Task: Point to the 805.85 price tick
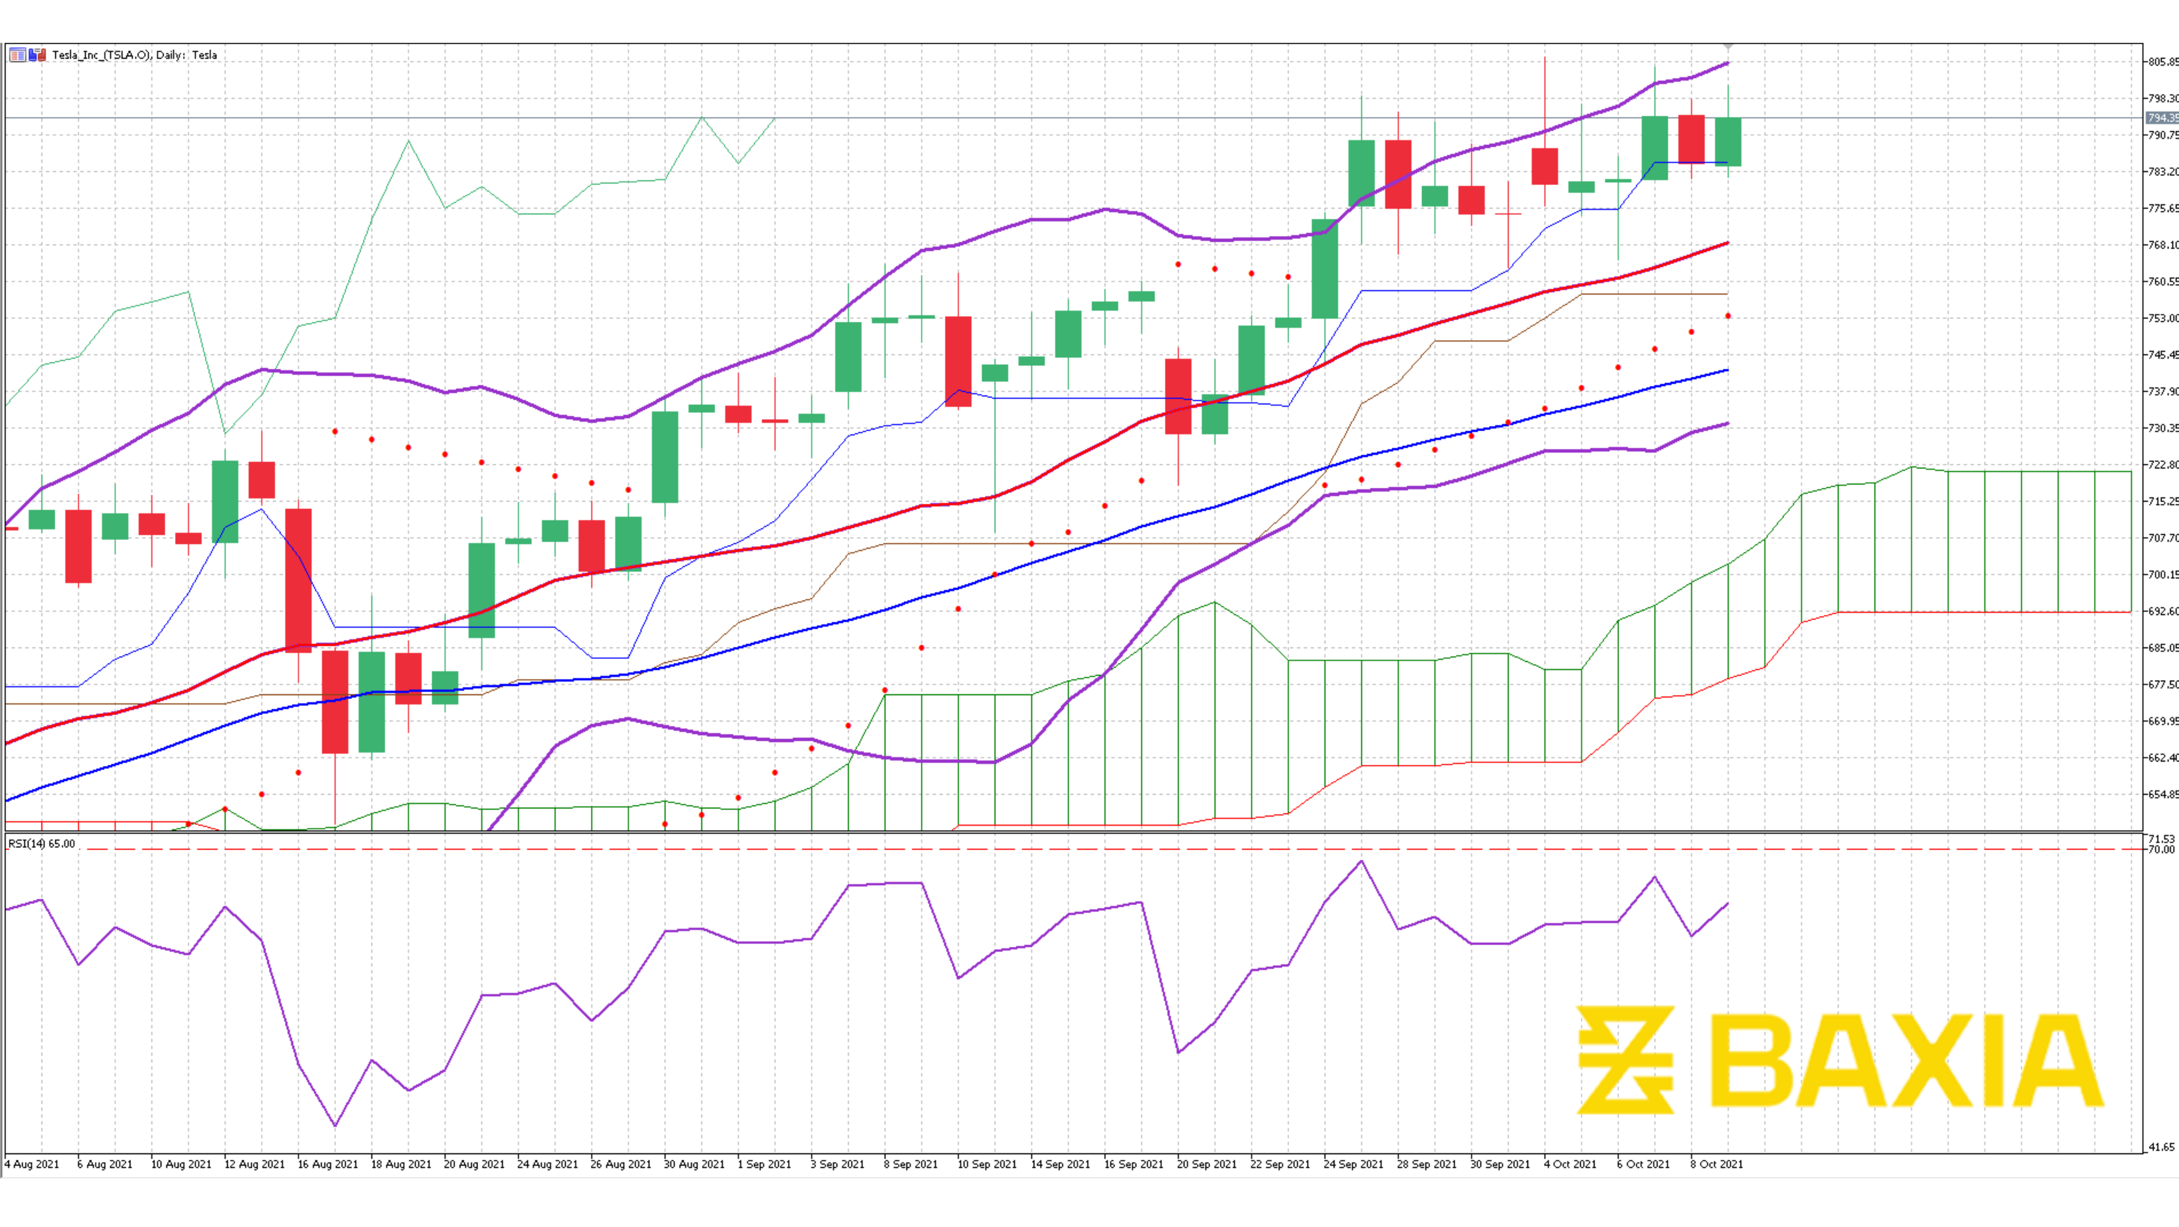tap(2161, 62)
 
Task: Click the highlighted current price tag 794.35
tap(2161, 118)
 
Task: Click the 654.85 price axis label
tap(2161, 794)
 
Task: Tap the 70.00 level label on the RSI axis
tap(2161, 849)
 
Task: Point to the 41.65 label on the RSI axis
tap(2161, 1147)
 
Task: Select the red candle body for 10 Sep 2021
tap(958, 361)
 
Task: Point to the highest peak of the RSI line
tap(1361, 862)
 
